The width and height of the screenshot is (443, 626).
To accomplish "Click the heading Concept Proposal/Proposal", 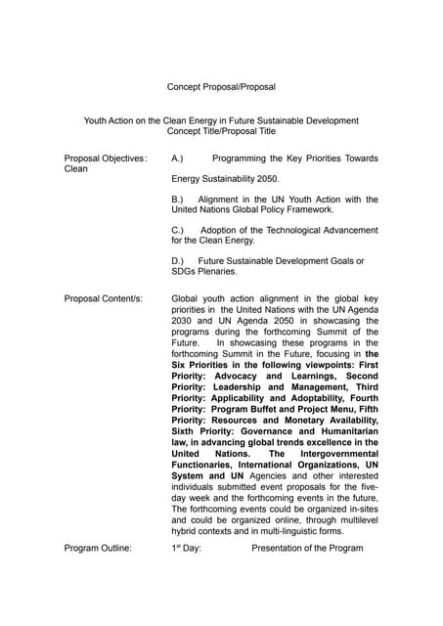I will (221, 87).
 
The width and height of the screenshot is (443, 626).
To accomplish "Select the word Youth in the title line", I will (97, 121).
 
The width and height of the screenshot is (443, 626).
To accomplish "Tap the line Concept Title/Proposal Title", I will (221, 132).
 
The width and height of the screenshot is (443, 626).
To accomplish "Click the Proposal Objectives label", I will (104, 158).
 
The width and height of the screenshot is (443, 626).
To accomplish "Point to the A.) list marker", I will (178, 158).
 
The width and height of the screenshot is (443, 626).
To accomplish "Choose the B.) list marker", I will (178, 200).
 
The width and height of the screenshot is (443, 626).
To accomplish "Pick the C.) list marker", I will (178, 230).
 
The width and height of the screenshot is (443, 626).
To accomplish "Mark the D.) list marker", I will (178, 261).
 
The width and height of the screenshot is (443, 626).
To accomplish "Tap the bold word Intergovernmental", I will (327, 454).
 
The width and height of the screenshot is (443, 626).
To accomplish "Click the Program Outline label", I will (98, 548).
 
